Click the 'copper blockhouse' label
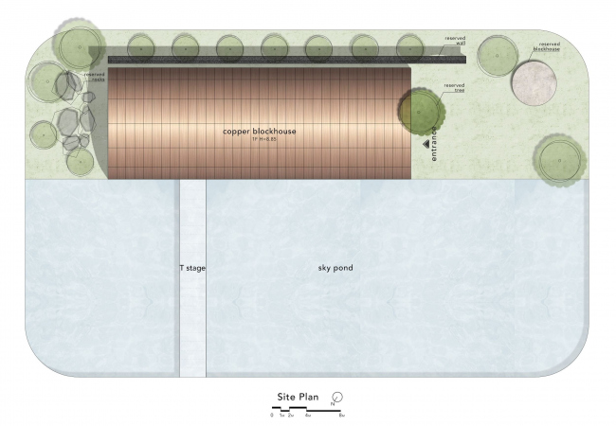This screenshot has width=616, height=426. (258, 132)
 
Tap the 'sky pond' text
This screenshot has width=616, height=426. (335, 268)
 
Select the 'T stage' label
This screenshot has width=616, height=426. (192, 268)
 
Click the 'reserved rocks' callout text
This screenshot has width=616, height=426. (94, 77)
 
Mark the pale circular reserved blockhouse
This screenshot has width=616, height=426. (532, 82)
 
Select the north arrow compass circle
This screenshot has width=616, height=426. (336, 397)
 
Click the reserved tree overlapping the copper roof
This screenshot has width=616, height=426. (418, 110)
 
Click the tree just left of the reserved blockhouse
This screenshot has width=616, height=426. (496, 57)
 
